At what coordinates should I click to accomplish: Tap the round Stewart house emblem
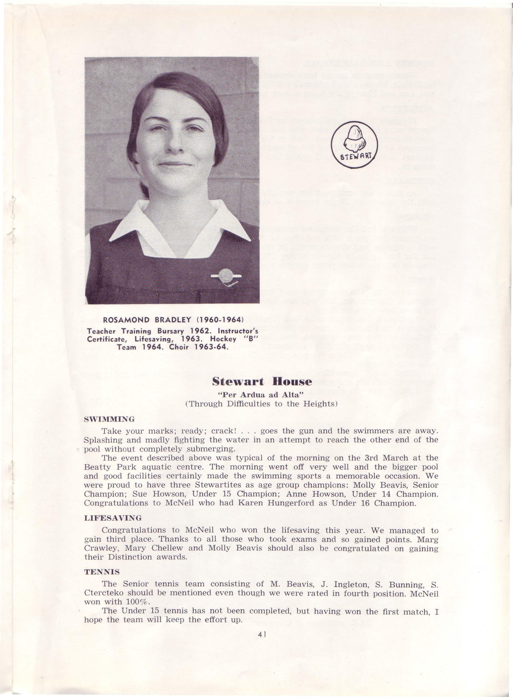(354, 145)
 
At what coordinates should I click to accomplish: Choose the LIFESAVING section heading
(113, 518)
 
